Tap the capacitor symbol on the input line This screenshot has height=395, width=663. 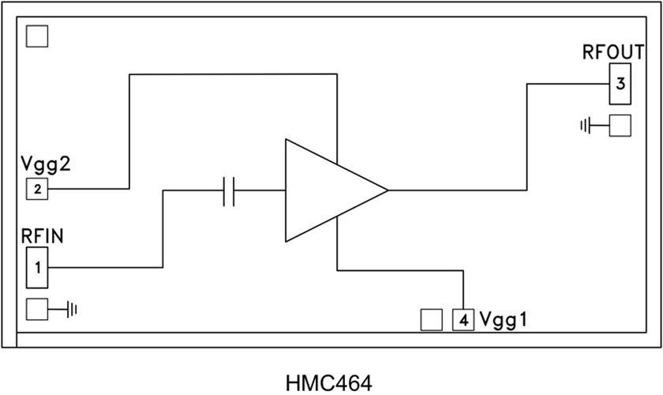click(x=230, y=190)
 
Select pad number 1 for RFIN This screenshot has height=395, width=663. click(x=37, y=267)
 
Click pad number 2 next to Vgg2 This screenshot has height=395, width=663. click(x=36, y=189)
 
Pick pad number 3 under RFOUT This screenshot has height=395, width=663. click(x=620, y=84)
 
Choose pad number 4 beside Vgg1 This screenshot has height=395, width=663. click(x=463, y=320)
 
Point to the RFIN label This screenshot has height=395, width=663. click(x=43, y=236)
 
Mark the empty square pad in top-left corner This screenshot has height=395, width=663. click(x=37, y=36)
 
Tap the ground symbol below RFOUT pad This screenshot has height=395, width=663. click(x=586, y=125)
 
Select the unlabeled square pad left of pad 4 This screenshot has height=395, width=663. click(x=431, y=319)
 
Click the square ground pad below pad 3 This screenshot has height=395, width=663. click(x=620, y=126)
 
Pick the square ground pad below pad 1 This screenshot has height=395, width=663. click(x=37, y=308)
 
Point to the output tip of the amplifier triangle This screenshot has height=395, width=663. click(x=386, y=190)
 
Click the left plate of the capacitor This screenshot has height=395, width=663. click(x=225, y=190)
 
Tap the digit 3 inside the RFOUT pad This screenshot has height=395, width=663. click(x=620, y=84)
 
